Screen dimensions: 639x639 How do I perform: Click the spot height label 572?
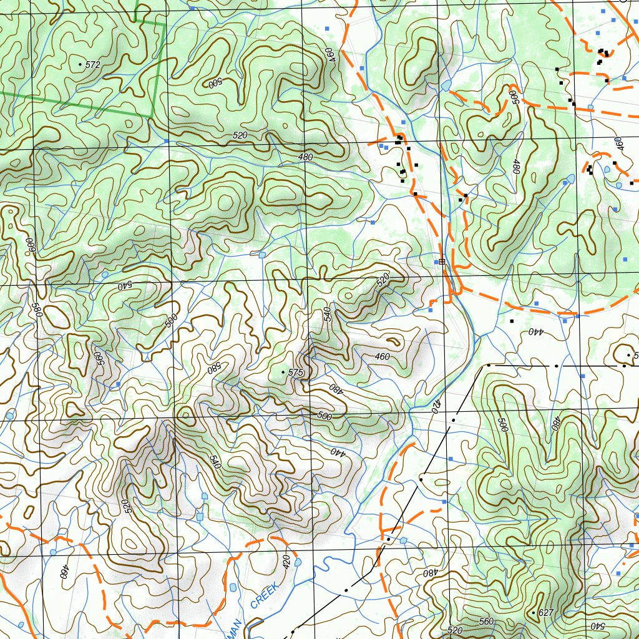tap(93, 64)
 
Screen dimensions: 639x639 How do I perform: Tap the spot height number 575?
tap(296, 373)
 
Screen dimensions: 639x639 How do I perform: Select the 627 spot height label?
tap(545, 613)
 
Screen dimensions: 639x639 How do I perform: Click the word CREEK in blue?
tap(263, 597)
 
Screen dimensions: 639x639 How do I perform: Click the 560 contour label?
tap(486, 621)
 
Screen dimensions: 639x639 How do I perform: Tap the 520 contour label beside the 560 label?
tap(455, 630)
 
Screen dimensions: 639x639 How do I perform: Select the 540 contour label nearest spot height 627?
tap(597, 626)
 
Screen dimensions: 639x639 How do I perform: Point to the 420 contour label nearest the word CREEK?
tap(286, 561)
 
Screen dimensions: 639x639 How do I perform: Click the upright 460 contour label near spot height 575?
tap(382, 356)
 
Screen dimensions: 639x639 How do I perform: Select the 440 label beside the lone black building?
tap(535, 331)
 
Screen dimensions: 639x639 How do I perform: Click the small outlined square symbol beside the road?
tap(442, 261)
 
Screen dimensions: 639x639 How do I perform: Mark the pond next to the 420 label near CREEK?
tap(298, 562)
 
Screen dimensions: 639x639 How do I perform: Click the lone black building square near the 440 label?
tap(511, 321)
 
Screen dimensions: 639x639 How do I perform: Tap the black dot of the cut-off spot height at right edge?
tap(628, 356)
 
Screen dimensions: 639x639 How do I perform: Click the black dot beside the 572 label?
tap(80, 64)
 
